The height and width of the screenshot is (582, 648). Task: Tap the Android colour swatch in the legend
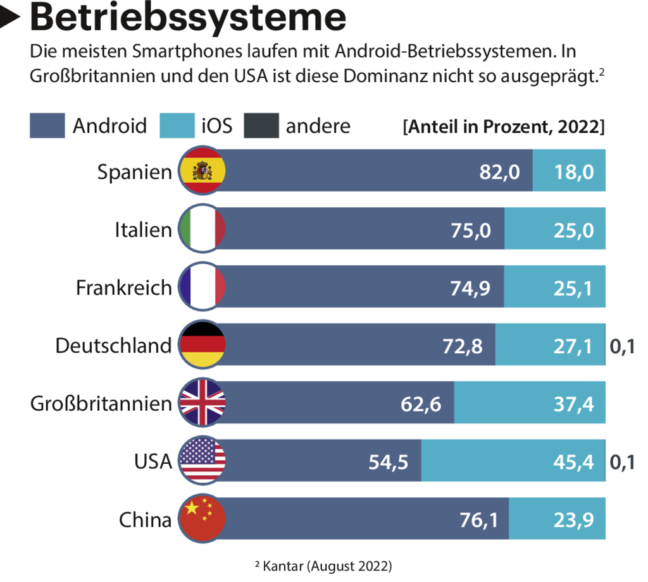point(47,125)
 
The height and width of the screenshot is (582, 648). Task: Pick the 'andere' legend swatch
point(261,125)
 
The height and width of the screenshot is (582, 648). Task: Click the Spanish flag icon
point(202,171)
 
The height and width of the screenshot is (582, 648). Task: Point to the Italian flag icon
point(202,229)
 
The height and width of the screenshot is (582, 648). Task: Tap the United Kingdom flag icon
point(202,403)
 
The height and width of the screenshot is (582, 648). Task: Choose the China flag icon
point(202,520)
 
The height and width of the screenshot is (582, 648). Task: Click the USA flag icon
point(202,461)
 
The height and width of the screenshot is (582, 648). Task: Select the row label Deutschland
point(113,346)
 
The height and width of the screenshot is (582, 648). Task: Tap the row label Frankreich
point(124,288)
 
